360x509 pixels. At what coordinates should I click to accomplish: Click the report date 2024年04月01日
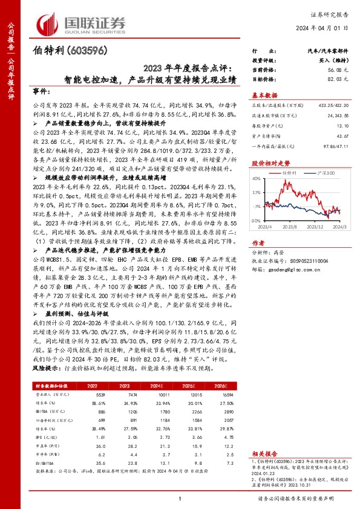(326, 28)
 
